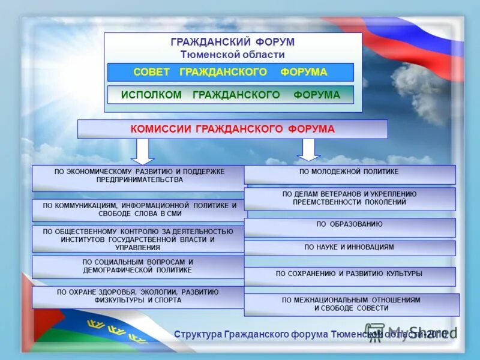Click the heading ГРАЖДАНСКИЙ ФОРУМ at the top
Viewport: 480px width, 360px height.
tap(233, 43)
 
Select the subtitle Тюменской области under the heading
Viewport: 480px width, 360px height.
tap(233, 55)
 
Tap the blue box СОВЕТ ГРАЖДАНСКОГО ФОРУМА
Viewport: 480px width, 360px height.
tap(230, 72)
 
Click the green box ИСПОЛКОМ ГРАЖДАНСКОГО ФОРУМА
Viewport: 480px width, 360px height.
tap(230, 95)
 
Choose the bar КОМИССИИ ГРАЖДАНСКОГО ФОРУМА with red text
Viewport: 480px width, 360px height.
tap(233, 129)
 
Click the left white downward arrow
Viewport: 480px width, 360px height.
tap(142, 151)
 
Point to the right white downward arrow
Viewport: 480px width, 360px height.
tap(308, 149)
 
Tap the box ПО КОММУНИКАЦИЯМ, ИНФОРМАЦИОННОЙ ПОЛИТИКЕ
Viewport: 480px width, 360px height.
tap(139, 210)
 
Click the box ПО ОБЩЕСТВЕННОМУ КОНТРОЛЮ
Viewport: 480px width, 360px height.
tap(138, 239)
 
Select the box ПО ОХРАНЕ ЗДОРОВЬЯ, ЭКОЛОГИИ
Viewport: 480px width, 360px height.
tap(138, 296)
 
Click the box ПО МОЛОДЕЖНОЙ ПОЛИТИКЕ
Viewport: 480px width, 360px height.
tap(349, 174)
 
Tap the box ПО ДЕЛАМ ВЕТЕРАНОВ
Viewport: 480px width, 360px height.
tap(349, 199)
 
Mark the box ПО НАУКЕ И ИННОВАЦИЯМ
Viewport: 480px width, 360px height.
tap(349, 247)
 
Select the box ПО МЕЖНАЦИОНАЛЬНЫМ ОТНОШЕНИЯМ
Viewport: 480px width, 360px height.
tap(352, 304)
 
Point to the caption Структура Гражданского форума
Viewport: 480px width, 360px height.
tap(270, 334)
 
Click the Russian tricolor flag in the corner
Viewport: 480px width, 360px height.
tap(420, 42)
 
